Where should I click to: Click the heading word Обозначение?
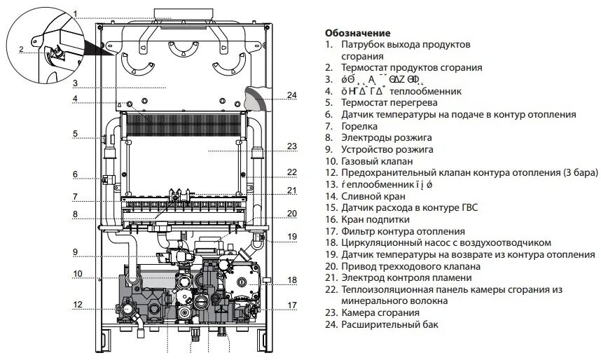[x=357, y=33]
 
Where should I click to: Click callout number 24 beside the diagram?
[x=292, y=95]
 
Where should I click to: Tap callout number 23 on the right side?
[x=292, y=147]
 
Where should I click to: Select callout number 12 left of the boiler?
[x=78, y=304]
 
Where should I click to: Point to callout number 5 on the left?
[x=74, y=133]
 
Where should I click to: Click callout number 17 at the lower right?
[x=292, y=305]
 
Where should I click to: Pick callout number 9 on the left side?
[x=74, y=252]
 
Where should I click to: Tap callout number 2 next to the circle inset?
[x=21, y=49]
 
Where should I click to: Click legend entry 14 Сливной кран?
[x=375, y=196]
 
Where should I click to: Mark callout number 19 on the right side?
[x=292, y=237]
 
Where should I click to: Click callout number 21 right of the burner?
[x=292, y=191]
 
